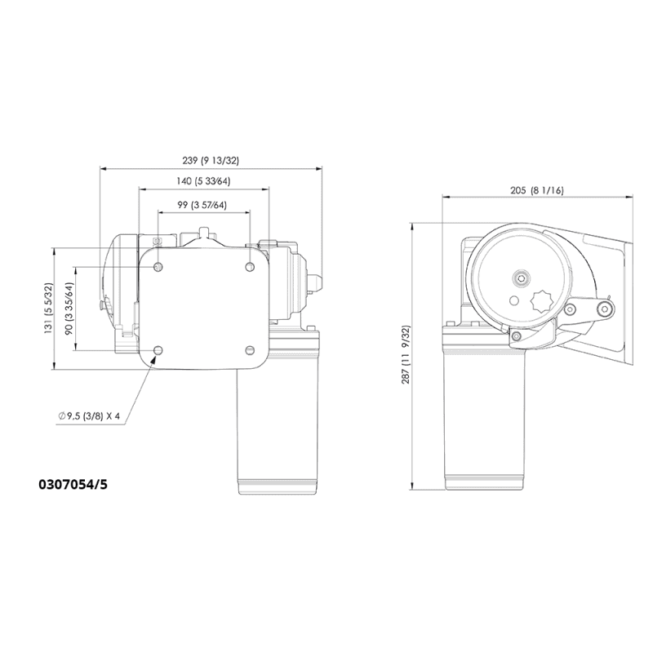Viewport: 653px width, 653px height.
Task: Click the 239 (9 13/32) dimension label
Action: click(x=211, y=160)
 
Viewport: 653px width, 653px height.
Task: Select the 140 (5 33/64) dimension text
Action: click(x=203, y=181)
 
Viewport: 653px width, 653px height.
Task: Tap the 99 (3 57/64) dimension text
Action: click(x=202, y=205)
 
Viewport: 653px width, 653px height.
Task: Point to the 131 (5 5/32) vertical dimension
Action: click(x=49, y=308)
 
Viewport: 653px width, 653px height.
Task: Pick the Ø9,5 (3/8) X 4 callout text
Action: click(x=89, y=415)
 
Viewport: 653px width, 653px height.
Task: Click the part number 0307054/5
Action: click(x=73, y=484)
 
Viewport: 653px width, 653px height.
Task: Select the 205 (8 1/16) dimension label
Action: click(x=537, y=191)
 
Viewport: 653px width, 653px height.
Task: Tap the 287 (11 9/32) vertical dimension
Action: click(x=406, y=355)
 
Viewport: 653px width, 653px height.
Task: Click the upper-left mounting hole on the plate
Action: click(x=158, y=267)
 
